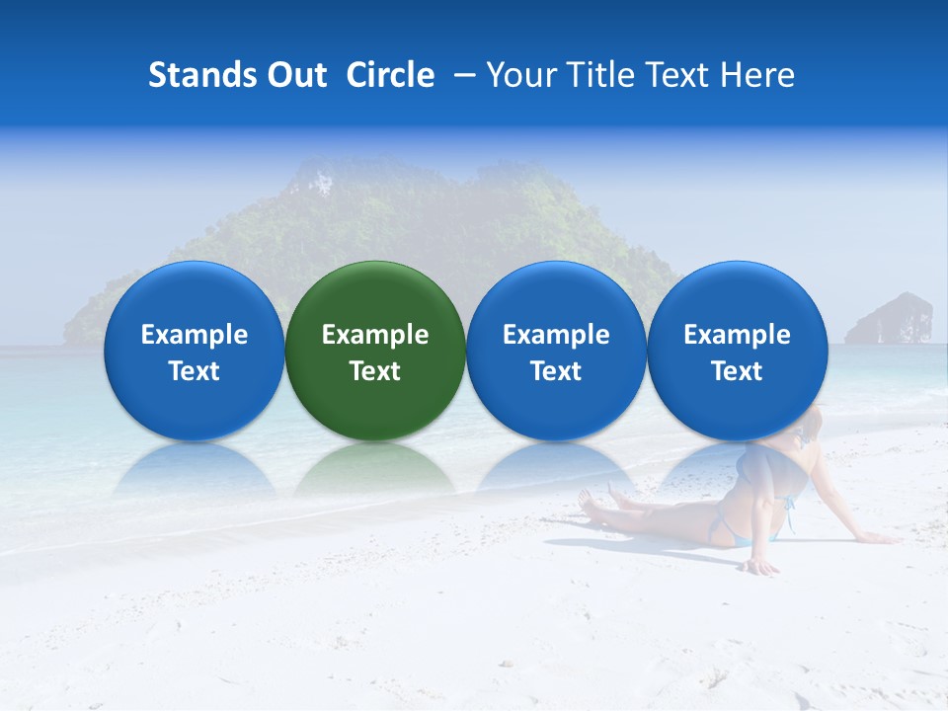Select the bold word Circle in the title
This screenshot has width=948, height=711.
[x=390, y=75]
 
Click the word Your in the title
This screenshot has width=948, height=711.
[x=518, y=75]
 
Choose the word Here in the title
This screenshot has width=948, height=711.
[x=757, y=75]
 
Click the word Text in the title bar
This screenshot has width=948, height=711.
[x=676, y=75]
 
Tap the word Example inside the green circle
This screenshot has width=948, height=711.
[x=375, y=335]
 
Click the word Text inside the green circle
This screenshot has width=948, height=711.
[x=375, y=371]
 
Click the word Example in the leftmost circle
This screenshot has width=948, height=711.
[x=194, y=335]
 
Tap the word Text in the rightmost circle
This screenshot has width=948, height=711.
[x=737, y=371]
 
